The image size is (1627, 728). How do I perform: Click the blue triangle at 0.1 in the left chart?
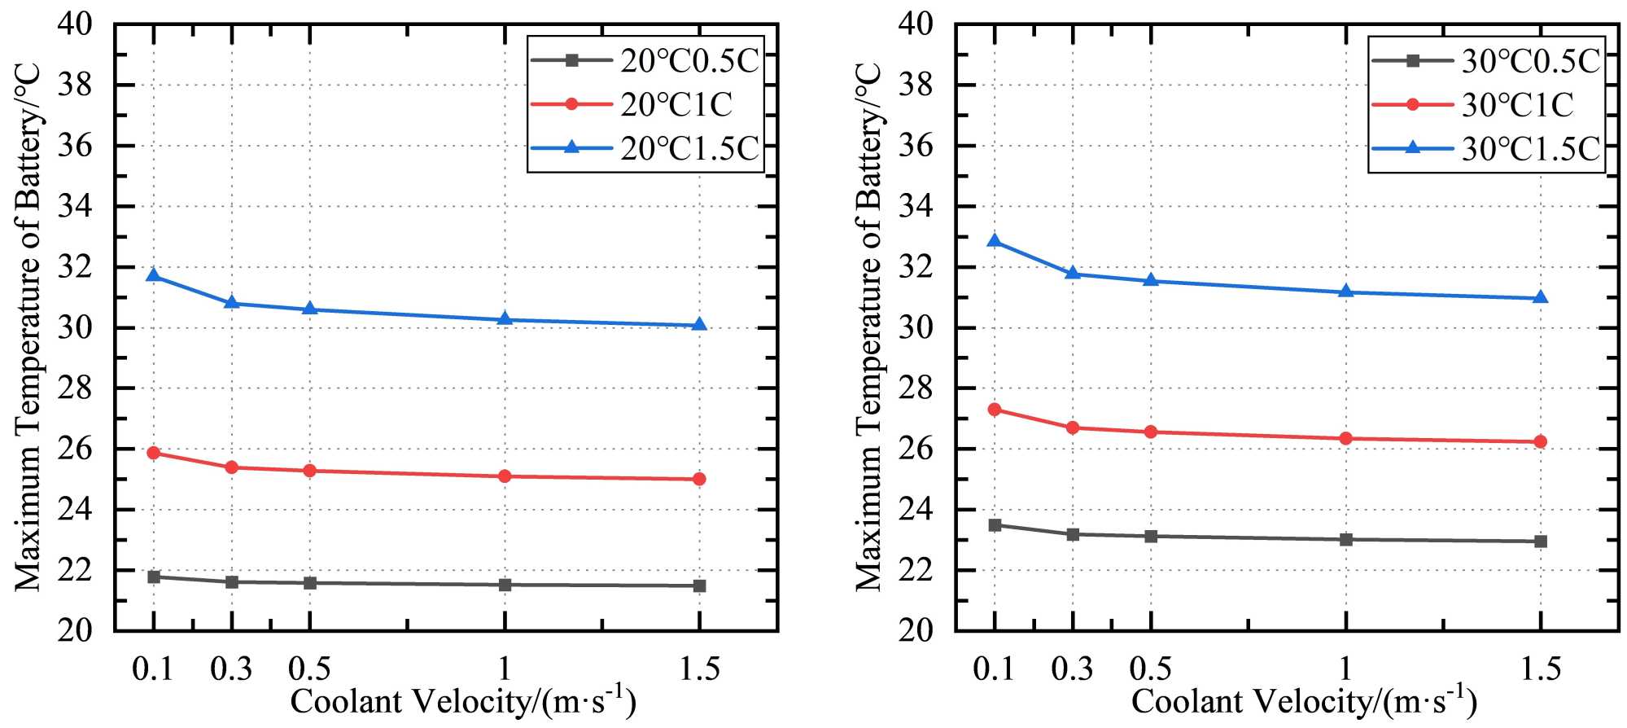tap(153, 275)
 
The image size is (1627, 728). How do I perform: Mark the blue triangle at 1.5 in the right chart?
tap(1540, 297)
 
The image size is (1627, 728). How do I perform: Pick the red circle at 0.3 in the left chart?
tap(231, 467)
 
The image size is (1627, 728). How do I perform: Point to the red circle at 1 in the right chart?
tap(1345, 438)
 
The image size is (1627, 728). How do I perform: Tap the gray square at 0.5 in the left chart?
tap(309, 583)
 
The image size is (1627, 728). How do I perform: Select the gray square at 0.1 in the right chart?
tap(995, 525)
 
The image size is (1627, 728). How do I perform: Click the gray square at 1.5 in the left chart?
tap(699, 585)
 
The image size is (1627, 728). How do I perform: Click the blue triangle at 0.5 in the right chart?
tap(1151, 280)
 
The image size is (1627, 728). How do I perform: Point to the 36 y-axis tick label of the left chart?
tap(74, 147)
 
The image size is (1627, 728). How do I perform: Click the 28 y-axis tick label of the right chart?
tap(916, 388)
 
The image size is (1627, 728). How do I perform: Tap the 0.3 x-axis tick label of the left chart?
tap(231, 669)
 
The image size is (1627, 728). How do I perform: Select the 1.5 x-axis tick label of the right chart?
tap(1540, 669)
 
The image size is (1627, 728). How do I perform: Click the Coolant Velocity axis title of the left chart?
tap(462, 701)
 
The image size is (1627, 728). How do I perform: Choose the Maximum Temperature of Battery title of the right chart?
tap(869, 326)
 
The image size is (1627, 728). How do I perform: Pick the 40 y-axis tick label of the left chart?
tap(74, 24)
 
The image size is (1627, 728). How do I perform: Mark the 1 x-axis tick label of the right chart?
tap(1345, 669)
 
